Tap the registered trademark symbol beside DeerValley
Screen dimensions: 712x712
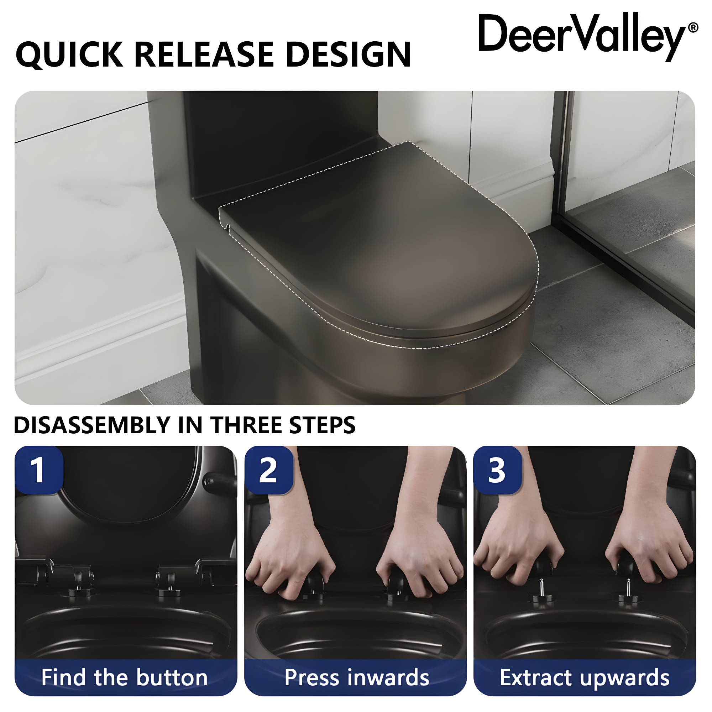tap(692, 28)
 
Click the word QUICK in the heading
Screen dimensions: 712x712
tap(69, 55)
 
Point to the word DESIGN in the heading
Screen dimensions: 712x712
tap(348, 55)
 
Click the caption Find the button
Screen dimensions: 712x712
tap(125, 677)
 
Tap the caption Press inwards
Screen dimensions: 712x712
tap(356, 677)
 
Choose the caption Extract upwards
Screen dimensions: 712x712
tap(585, 677)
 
